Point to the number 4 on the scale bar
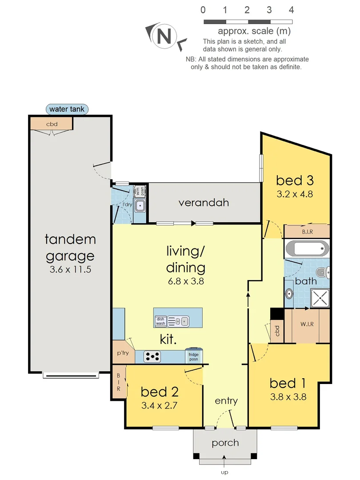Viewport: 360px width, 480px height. pos(291,10)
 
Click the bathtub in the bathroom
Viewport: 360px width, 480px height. pos(306,248)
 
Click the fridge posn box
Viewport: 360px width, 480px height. pos(193,356)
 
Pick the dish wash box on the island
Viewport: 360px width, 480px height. pos(160,321)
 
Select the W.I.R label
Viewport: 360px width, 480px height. pos(306,324)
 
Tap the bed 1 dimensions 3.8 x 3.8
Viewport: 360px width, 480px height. pos(288,397)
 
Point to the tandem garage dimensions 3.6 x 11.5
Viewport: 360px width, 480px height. pos(70,269)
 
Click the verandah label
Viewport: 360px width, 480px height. pos(204,203)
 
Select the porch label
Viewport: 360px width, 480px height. pos(225,443)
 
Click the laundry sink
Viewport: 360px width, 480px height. pos(140,205)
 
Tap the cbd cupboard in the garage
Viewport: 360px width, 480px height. pos(52,124)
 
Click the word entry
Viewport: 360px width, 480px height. pos(226,401)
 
